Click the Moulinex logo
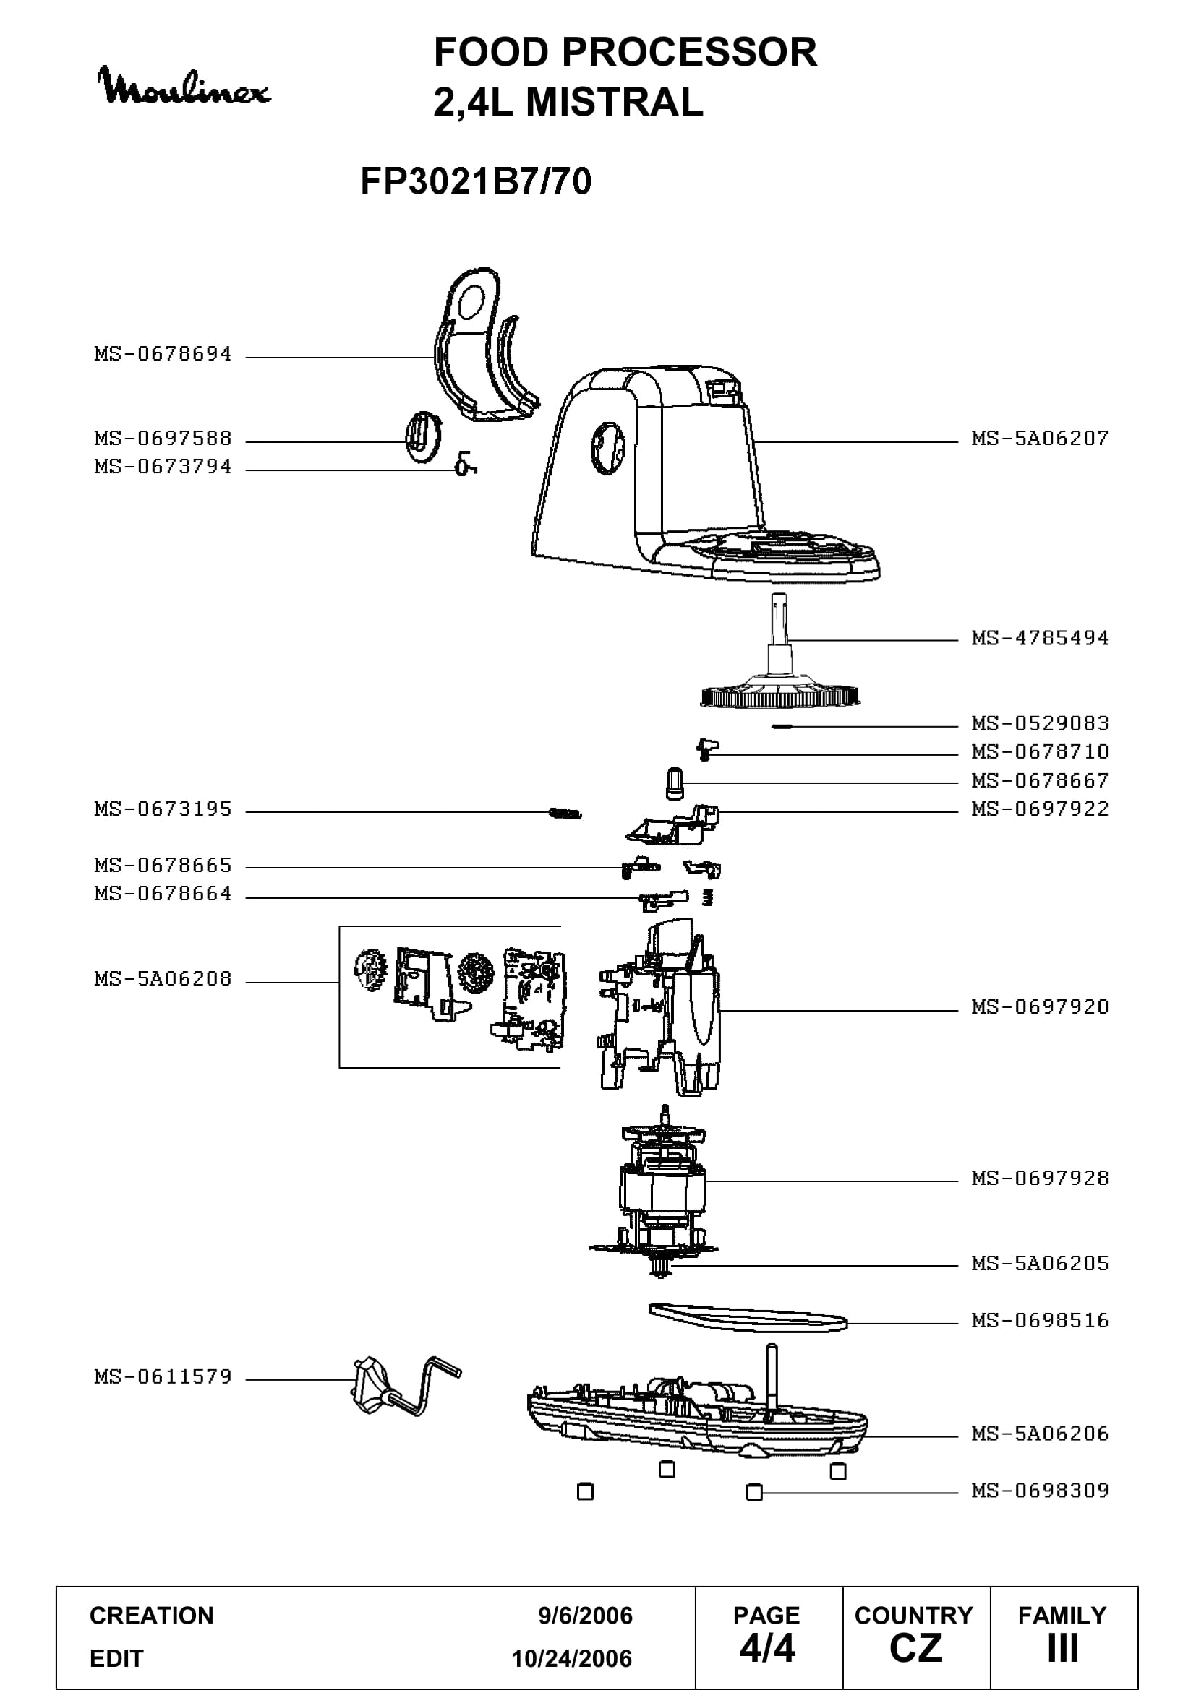coord(184,86)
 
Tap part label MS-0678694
coord(163,354)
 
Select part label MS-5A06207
coord(1040,439)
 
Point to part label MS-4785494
coord(1040,638)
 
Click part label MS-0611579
coord(163,1376)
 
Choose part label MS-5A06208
coord(163,979)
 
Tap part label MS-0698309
coord(1040,1491)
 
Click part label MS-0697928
coord(1040,1178)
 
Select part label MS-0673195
coord(163,809)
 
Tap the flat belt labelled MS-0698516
coord(748,1319)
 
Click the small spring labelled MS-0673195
coord(565,814)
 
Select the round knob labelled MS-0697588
coord(422,437)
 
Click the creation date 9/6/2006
coord(586,1616)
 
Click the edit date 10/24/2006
coord(572,1658)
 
